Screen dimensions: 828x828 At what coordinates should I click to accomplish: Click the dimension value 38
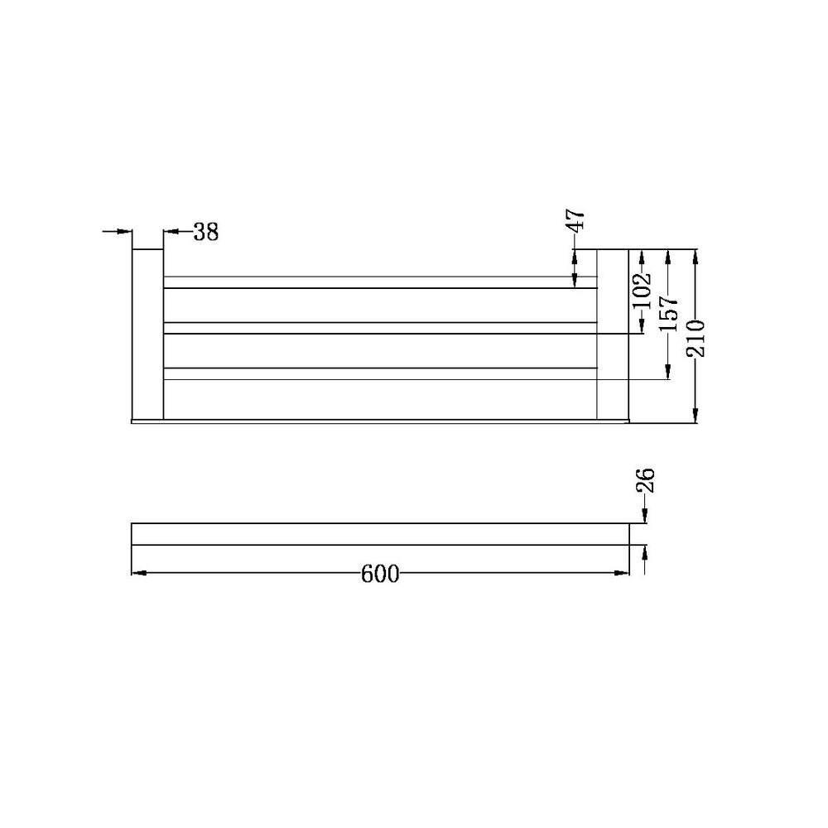pyautogui.click(x=206, y=233)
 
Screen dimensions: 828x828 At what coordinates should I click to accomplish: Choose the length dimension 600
pyautogui.click(x=380, y=573)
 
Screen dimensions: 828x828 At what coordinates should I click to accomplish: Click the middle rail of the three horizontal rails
pyautogui.click(x=380, y=327)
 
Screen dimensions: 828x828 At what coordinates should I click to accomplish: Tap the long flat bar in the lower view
pyautogui.click(x=380, y=534)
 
